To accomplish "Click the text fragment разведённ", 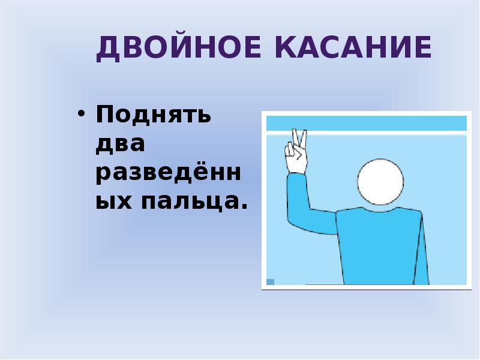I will (x=169, y=173).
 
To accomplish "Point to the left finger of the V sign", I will (x=293, y=137).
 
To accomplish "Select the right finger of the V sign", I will (x=304, y=137).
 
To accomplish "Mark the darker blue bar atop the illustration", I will (x=366, y=124).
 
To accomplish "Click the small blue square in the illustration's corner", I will (x=271, y=281).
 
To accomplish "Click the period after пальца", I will (x=244, y=208).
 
